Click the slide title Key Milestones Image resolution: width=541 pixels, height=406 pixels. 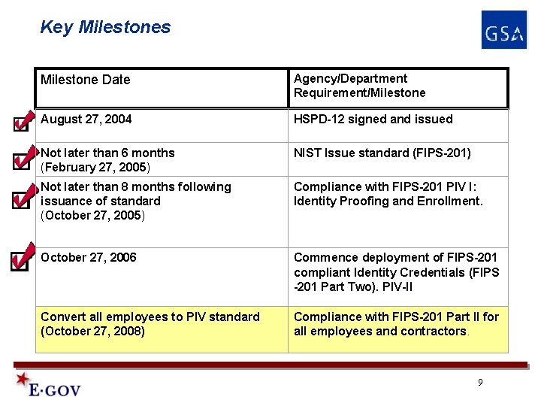click(x=105, y=28)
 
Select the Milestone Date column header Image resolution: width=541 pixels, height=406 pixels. click(x=86, y=80)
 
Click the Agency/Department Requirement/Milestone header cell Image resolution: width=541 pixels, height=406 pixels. click(x=359, y=86)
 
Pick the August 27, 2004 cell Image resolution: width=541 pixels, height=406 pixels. click(x=86, y=120)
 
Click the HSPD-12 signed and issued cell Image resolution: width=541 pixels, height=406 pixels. click(x=373, y=120)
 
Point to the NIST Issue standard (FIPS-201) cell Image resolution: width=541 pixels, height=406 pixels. click(x=382, y=153)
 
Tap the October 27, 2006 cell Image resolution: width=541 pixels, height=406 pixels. click(x=89, y=258)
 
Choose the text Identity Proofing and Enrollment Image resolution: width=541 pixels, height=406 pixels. click(x=388, y=201)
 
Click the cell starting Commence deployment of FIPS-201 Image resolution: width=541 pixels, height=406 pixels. click(x=396, y=272)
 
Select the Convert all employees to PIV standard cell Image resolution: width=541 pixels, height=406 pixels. click(x=150, y=324)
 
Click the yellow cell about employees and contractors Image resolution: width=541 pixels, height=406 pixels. click(x=396, y=324)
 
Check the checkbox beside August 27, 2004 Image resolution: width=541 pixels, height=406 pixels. click(x=20, y=123)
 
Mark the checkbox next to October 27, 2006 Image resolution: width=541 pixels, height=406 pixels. click(x=20, y=261)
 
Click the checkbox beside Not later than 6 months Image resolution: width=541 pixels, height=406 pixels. click(x=20, y=161)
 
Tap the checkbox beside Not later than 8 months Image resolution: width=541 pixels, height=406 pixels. click(x=20, y=201)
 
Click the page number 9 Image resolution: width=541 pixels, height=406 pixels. click(x=480, y=383)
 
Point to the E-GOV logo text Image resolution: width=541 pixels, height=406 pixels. click(x=54, y=389)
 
